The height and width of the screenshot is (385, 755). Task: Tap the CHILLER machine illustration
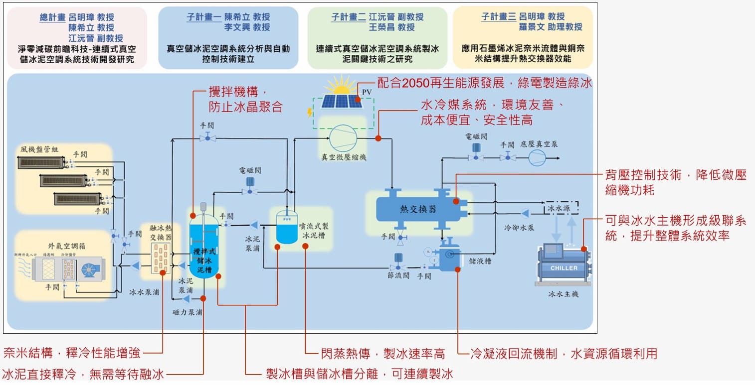564,266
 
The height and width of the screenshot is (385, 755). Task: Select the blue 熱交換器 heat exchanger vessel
418,208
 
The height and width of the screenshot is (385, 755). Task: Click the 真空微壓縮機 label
344,157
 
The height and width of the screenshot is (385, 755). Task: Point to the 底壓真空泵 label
539,144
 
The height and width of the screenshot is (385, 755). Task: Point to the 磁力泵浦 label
187,313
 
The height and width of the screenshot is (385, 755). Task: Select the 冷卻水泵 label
519,228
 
